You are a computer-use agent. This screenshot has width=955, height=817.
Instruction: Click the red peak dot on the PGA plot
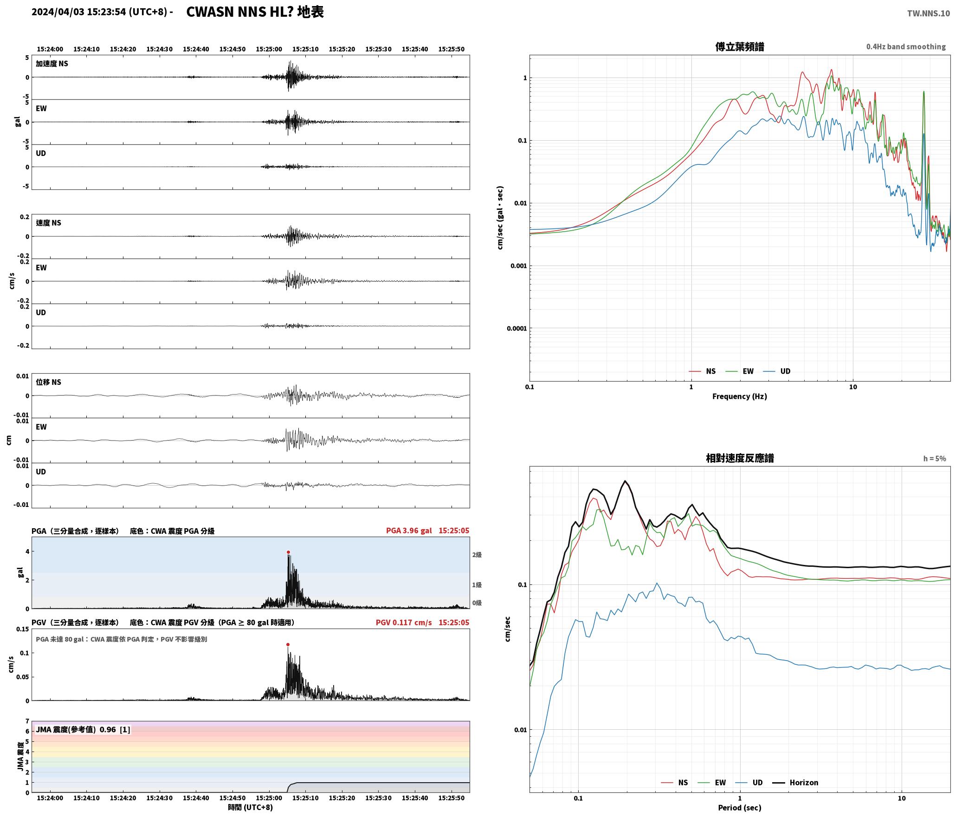coord(288,552)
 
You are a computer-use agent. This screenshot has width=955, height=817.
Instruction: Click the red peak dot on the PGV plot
coord(288,645)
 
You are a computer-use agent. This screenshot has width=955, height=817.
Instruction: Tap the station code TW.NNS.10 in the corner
coord(929,13)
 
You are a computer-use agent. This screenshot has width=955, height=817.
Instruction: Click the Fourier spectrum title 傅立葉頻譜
coord(740,47)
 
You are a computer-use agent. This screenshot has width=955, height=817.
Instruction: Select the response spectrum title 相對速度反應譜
coord(740,458)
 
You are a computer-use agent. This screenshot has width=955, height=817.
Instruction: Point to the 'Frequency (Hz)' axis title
coord(740,396)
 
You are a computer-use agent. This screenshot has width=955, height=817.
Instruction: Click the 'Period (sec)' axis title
coord(740,808)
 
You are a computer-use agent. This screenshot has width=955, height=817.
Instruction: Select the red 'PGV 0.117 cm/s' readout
coord(404,622)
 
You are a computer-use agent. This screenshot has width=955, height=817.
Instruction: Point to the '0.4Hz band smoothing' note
coord(906,47)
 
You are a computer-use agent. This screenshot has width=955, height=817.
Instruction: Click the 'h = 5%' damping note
coord(935,459)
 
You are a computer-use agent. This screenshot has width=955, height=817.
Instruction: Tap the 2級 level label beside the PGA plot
coord(477,555)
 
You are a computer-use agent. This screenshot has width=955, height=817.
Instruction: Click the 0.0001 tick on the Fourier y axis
coord(517,329)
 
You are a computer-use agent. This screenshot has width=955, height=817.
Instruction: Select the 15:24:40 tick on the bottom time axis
coord(196,798)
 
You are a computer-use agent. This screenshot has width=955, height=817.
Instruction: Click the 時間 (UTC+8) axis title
coord(251,808)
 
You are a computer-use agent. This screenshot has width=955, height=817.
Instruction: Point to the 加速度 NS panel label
coord(52,64)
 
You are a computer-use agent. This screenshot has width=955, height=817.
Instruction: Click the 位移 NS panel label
coord(49,383)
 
